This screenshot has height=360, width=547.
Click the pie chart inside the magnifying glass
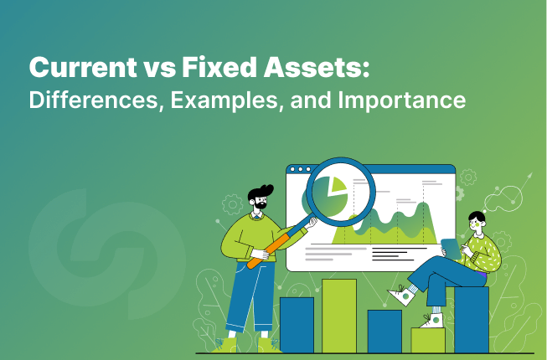(338, 193)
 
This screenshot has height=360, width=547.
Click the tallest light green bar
(339, 315)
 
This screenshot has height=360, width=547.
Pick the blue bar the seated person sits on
(471, 319)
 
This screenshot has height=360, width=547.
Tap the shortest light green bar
(427, 338)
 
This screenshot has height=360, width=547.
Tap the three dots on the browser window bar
(299, 170)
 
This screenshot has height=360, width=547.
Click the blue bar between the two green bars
(384, 331)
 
